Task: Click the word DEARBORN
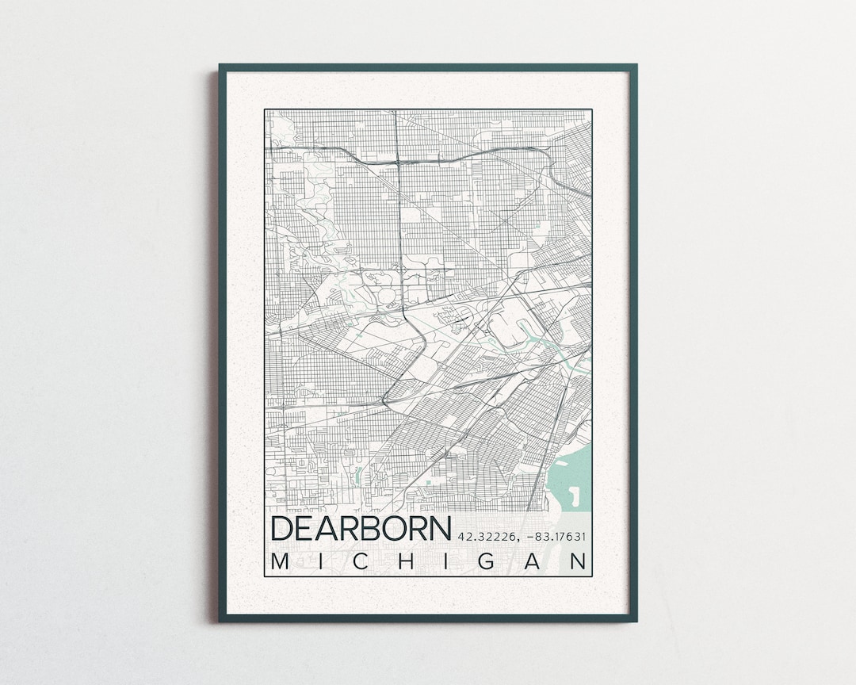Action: tap(361, 529)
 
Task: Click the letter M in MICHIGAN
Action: tap(280, 561)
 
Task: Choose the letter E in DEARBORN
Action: tap(308, 529)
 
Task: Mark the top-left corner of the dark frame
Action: tap(221, 67)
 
